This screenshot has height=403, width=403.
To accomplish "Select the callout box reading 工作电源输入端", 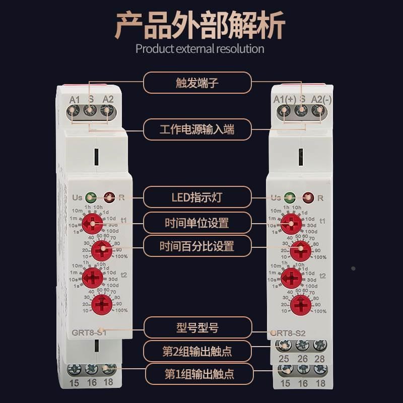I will click(197, 129).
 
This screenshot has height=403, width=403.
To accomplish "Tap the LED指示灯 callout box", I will click(197, 197).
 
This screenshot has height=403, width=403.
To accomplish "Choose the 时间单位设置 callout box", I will click(197, 222).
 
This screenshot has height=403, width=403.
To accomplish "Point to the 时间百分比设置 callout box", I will click(197, 246).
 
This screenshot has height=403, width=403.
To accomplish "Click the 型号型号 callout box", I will click(197, 328).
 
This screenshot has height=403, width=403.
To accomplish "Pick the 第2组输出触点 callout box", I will click(197, 351).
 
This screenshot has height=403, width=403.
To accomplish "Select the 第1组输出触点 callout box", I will click(197, 374).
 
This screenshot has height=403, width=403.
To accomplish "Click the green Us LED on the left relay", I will click(91, 197).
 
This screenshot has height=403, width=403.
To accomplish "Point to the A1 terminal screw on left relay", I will click(74, 110).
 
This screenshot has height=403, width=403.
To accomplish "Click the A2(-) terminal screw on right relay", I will click(317, 111).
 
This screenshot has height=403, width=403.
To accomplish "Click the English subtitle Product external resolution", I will click(200, 49).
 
